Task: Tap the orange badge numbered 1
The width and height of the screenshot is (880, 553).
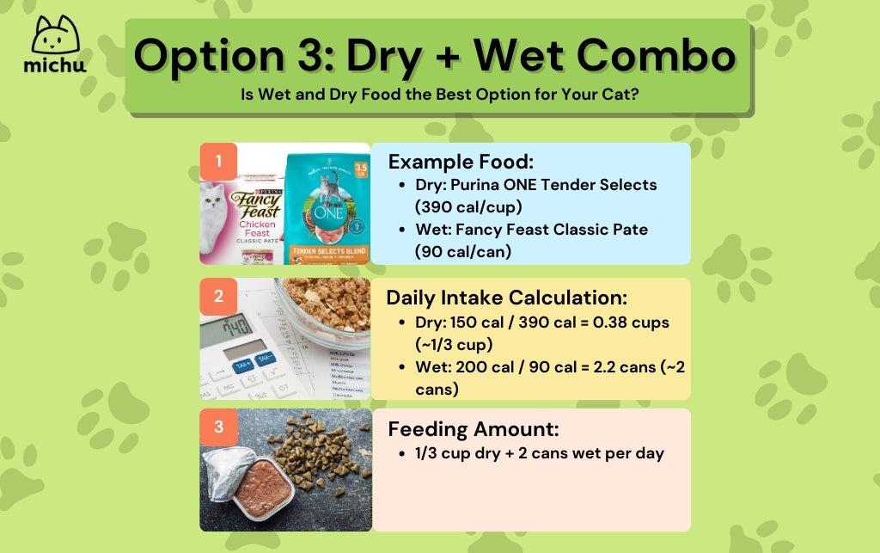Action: pyautogui.click(x=219, y=161)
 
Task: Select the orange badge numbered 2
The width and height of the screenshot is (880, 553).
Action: pyautogui.click(x=219, y=297)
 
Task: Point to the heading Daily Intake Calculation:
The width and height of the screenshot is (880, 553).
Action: pyautogui.click(x=507, y=298)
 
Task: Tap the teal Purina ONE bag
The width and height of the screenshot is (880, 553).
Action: pyautogui.click(x=327, y=206)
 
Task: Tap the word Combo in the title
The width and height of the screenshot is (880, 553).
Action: pyautogui.click(x=653, y=56)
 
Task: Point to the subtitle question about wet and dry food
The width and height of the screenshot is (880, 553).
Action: pyautogui.click(x=439, y=94)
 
